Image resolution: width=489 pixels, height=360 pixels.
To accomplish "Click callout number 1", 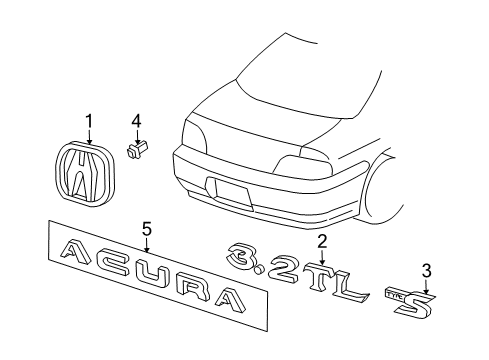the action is [x=89, y=122].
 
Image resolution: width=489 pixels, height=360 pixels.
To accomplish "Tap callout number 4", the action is [x=136, y=121].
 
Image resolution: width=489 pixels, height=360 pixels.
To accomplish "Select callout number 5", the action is [x=147, y=230].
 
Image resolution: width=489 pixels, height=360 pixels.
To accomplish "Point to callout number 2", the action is [x=322, y=242].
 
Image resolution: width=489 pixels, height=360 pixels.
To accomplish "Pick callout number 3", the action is [x=426, y=271].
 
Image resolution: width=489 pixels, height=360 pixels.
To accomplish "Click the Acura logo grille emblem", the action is [x=85, y=173].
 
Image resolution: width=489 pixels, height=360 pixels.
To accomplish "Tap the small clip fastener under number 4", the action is [x=136, y=150].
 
